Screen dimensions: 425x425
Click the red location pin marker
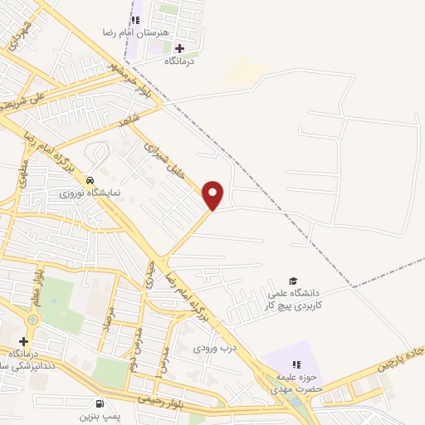tap(213, 194)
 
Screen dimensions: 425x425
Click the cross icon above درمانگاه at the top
tap(178, 47)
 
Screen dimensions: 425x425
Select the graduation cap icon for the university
tap(291, 281)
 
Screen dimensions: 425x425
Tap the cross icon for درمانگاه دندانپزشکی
tap(24, 341)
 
